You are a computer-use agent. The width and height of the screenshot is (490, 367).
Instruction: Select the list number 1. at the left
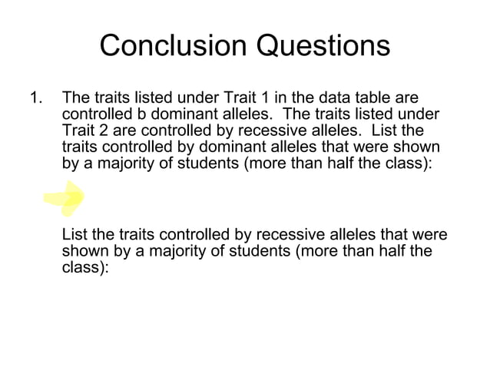(x=35, y=98)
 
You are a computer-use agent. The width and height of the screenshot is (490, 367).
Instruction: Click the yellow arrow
(x=65, y=200)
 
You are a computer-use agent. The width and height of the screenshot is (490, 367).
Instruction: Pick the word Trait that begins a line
(x=77, y=131)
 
